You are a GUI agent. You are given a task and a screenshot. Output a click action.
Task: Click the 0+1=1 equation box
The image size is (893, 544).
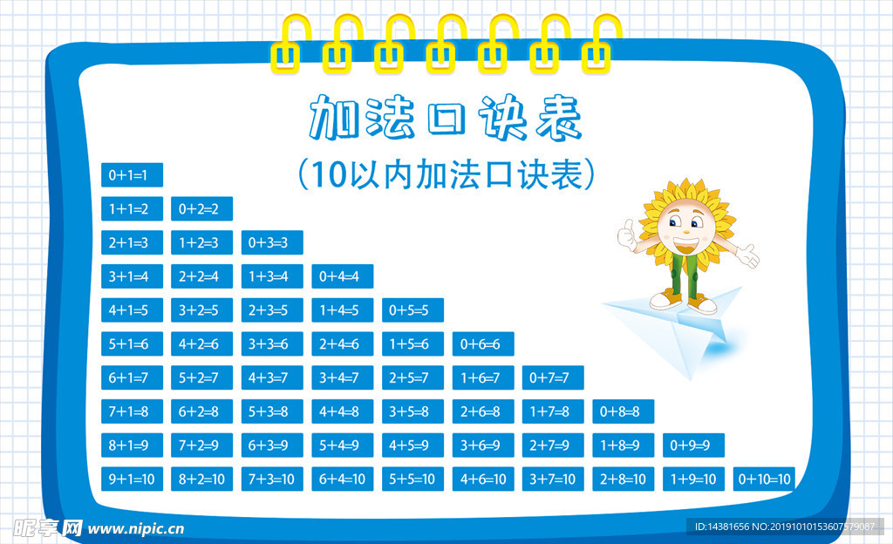click(x=133, y=174)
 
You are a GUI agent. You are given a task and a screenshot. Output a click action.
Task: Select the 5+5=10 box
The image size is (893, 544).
click(x=412, y=479)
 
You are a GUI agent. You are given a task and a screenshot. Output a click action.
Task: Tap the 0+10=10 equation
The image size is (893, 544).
click(x=764, y=479)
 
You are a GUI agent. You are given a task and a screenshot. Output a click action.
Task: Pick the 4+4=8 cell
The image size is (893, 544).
click(x=342, y=411)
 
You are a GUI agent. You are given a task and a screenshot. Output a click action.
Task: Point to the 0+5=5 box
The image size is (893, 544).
click(x=412, y=310)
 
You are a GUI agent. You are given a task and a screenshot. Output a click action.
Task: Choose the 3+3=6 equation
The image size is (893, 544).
click(x=272, y=343)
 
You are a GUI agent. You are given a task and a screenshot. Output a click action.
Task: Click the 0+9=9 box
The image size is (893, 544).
click(x=693, y=445)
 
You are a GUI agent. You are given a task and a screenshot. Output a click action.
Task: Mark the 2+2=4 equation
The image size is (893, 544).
click(x=202, y=276)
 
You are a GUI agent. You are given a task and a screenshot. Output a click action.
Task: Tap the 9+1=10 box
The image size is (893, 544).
click(x=133, y=479)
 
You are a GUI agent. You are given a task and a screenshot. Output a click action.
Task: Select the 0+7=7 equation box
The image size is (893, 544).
click(x=553, y=377)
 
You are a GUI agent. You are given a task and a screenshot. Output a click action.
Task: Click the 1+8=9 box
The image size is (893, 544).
click(x=624, y=445)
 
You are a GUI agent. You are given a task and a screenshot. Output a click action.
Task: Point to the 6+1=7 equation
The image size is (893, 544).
click(x=133, y=377)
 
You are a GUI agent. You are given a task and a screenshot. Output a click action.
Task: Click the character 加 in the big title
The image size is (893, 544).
click(x=334, y=118)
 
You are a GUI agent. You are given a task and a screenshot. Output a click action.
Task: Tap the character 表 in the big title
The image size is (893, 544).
click(x=559, y=118)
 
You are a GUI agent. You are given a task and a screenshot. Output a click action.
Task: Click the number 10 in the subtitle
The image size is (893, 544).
click(x=329, y=174)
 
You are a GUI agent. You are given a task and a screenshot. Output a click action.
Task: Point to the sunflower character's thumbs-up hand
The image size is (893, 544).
click(x=627, y=235)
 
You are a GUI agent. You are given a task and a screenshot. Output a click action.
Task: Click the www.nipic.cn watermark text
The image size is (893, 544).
click(x=136, y=529)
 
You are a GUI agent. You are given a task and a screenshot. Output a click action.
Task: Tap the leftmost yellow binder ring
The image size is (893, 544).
click(x=290, y=44)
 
